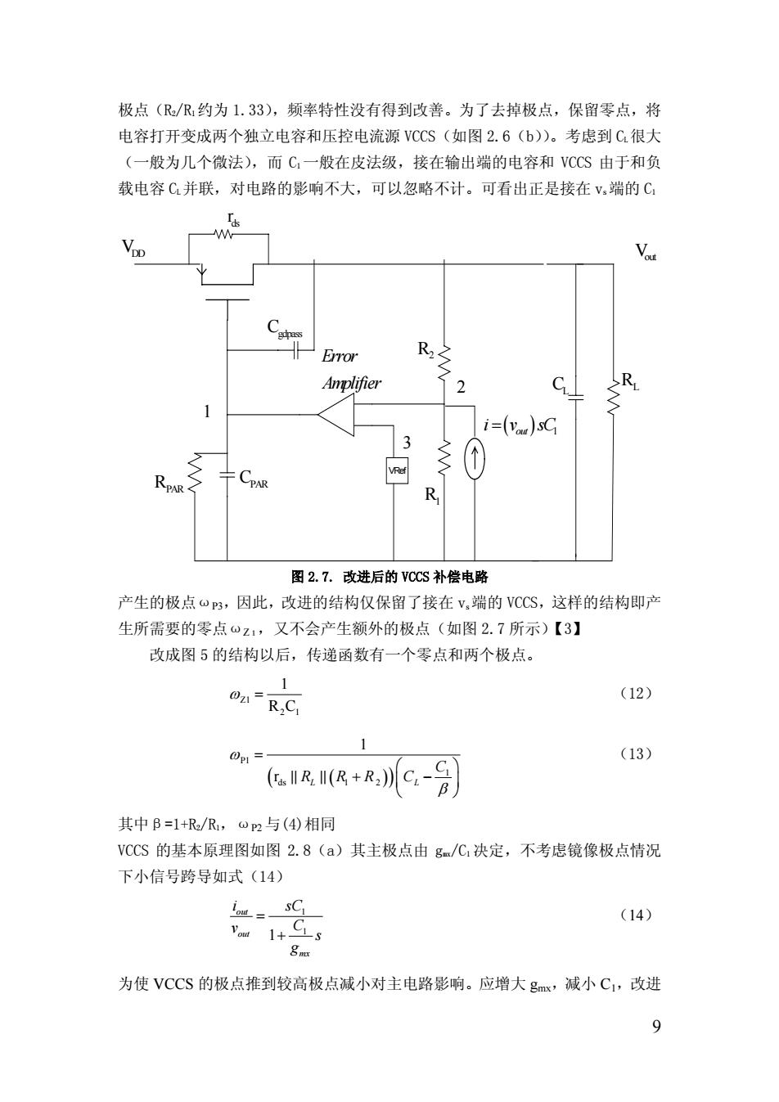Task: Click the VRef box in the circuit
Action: click(397, 470)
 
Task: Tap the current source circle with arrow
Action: click(475, 458)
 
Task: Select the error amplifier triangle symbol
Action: click(336, 414)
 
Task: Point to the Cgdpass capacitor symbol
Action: click(295, 350)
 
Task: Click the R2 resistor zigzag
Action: click(444, 362)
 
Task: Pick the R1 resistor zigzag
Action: click(444, 457)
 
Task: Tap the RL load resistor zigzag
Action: click(613, 397)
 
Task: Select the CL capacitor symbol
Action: click(576, 397)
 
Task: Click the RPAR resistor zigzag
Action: click(195, 473)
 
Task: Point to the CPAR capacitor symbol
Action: click(227, 475)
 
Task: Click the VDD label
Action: click(133, 248)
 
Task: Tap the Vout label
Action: click(646, 252)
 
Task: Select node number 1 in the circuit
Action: click(207, 412)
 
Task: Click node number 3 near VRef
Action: click(407, 443)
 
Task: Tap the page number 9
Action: click(656, 1027)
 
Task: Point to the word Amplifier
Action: click(351, 383)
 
